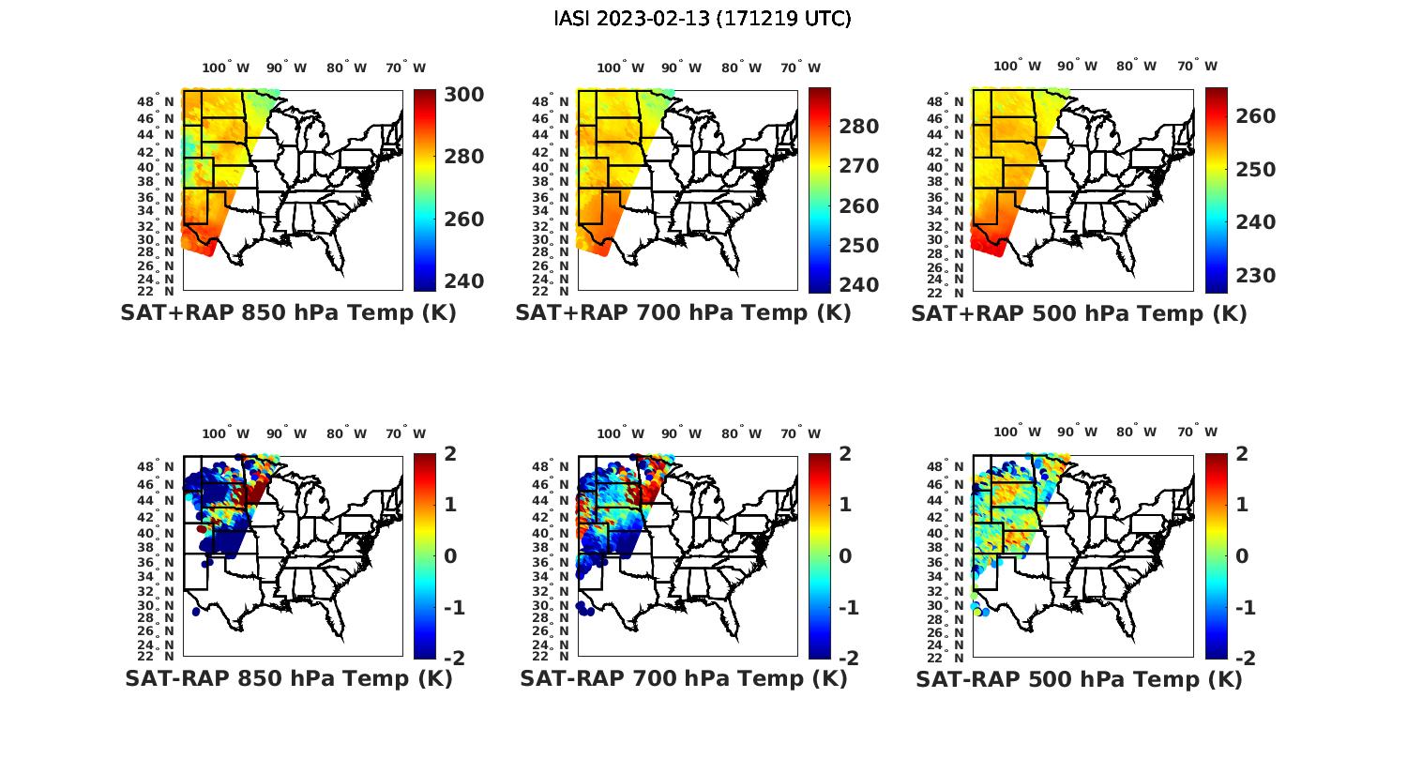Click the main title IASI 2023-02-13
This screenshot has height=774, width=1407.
pos(703,19)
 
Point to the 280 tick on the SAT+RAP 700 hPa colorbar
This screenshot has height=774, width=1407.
pos(858,127)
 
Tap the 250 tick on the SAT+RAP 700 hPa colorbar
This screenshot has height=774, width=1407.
pos(858,246)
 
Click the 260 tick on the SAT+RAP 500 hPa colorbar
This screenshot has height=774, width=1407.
pos(1255,116)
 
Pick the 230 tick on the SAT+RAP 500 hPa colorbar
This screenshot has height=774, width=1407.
pos(1255,276)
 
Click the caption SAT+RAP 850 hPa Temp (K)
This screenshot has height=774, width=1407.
pos(288,313)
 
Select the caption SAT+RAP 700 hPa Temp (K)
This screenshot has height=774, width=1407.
pos(683,313)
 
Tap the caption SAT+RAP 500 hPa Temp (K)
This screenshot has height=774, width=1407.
pos(1079,313)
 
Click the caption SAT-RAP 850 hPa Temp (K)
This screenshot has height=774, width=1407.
pos(288,678)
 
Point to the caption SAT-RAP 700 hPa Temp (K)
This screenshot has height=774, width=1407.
pos(683,678)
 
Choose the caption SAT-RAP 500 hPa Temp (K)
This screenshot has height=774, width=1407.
pos(1079,678)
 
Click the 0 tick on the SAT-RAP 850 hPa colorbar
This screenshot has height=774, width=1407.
pos(450,555)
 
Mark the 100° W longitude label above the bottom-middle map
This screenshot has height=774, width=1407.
pos(620,433)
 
